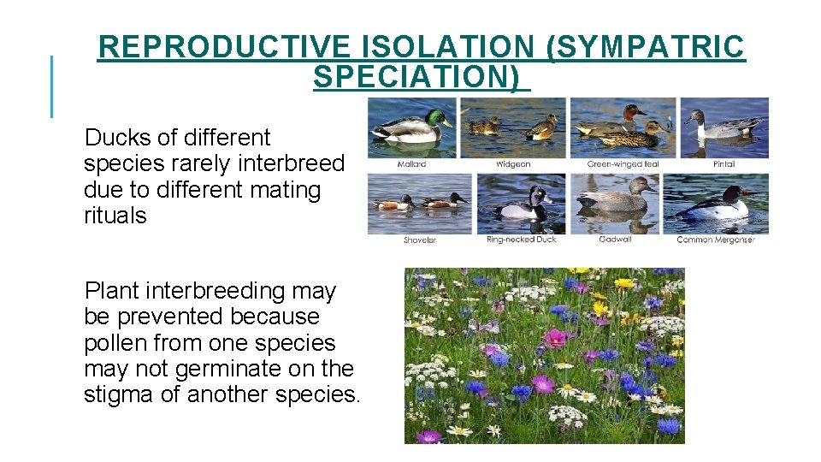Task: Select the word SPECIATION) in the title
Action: click(416, 77)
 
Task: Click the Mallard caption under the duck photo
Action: click(412, 164)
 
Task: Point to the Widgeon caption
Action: click(513, 164)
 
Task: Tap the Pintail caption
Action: click(724, 164)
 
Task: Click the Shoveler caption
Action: click(420, 240)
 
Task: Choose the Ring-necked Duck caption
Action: click(521, 240)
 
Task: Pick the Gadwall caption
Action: click(615, 240)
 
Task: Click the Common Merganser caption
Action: click(716, 240)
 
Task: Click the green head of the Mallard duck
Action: click(440, 117)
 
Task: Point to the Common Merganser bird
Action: click(720, 206)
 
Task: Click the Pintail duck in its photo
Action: click(723, 127)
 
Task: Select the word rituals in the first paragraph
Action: click(115, 216)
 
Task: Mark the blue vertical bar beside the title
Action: click(52, 86)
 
